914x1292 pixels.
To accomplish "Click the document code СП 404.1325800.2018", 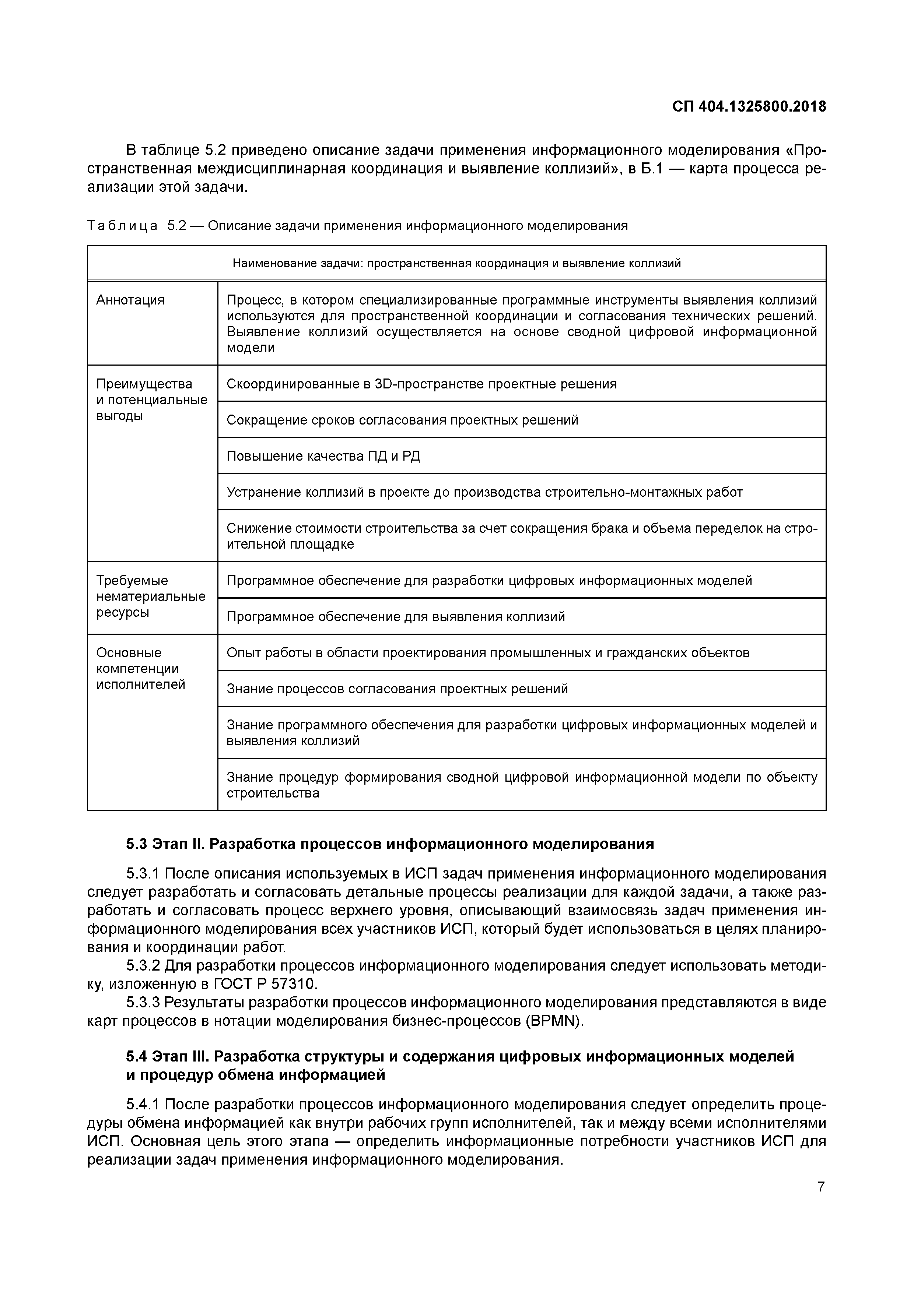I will tap(749, 107).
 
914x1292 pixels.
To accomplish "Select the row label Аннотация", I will tap(131, 300).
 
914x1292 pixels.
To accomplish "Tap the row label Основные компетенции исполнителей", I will tap(140, 669).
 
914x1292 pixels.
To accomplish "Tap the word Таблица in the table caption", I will tap(123, 226).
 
